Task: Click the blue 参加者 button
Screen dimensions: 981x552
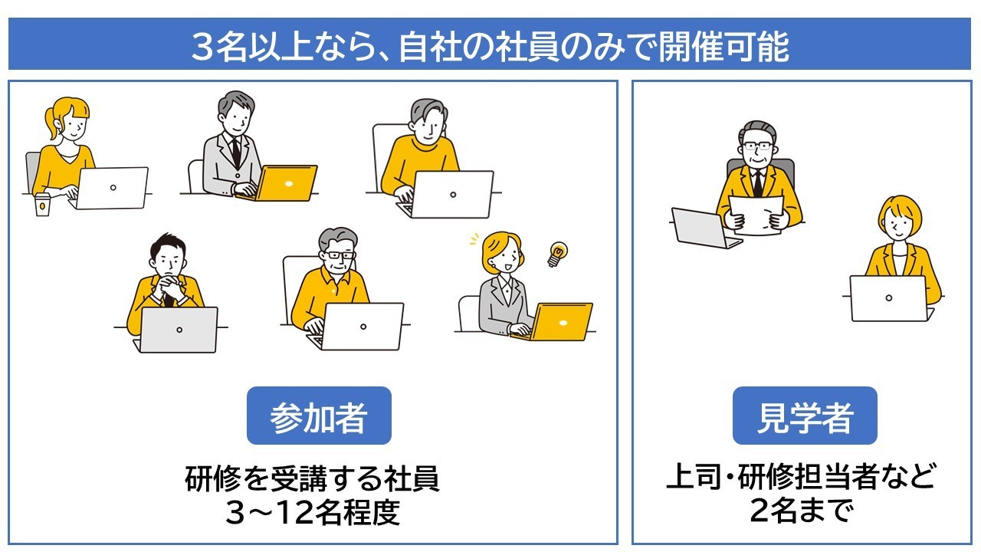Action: point(319,416)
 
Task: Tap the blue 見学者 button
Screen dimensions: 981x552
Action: point(805,416)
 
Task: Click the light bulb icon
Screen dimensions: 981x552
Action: point(557,254)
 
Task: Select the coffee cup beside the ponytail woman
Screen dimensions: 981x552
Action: point(42,204)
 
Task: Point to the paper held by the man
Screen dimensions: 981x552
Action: point(756,215)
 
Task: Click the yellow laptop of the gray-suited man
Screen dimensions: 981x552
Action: point(284,183)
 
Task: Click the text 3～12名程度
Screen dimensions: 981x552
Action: point(313,512)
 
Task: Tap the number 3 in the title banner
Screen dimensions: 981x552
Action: point(202,47)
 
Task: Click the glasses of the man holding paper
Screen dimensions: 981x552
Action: point(758,146)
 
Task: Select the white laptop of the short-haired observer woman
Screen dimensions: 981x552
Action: point(889,298)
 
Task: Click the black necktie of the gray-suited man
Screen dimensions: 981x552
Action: point(237,152)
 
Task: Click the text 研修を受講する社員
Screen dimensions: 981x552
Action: point(312,479)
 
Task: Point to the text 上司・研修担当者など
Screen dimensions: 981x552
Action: point(802,476)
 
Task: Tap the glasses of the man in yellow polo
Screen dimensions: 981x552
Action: point(338,255)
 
